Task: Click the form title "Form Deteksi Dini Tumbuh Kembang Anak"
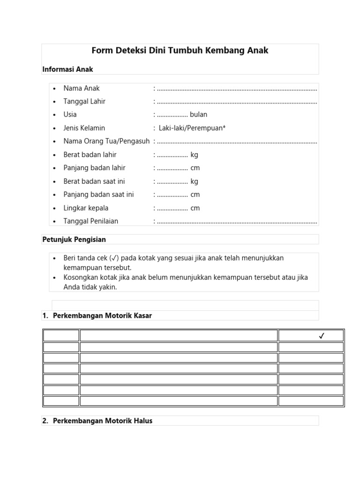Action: (180, 51)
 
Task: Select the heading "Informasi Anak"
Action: (67, 69)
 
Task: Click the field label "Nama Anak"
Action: (82, 88)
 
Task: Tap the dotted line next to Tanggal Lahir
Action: (237, 102)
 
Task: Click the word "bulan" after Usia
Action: (198, 114)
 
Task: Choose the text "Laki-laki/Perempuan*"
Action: (192, 128)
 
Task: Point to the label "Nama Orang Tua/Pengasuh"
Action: (106, 141)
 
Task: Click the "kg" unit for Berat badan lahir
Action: (195, 155)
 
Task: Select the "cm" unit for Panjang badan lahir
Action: (195, 168)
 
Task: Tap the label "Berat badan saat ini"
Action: (94, 181)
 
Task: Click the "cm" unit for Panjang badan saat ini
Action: (195, 195)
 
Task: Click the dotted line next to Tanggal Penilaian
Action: (237, 222)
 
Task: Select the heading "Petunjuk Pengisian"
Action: (74, 240)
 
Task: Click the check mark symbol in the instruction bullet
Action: (113, 259)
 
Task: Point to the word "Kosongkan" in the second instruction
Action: (79, 277)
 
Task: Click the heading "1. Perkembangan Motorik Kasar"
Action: (97, 316)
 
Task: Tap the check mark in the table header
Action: (321, 336)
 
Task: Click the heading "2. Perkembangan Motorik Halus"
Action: (97, 421)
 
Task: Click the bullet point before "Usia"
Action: (54, 115)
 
